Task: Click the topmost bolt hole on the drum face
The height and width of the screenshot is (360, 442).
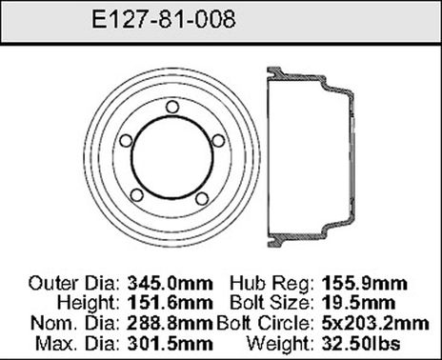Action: pos(171,107)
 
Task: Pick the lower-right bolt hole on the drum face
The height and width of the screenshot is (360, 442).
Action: pos(201,197)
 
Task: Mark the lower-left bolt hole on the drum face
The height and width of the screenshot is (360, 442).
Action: pos(137,195)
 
